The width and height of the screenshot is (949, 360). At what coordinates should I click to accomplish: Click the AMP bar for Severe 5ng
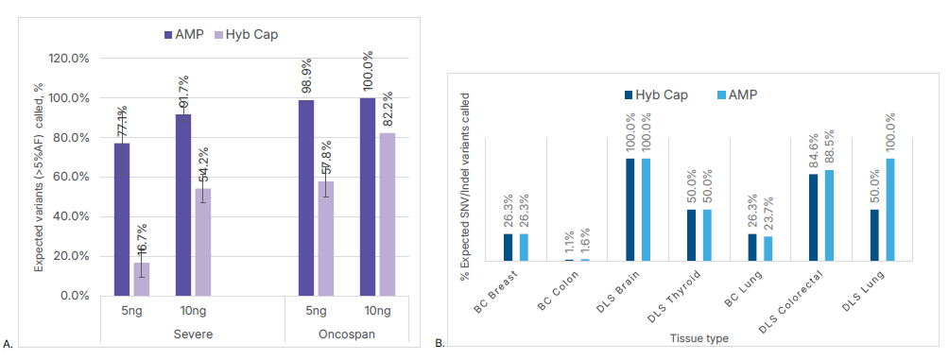pyautogui.click(x=122, y=219)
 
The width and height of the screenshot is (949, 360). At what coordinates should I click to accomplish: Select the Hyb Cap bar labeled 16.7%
pyautogui.click(x=142, y=279)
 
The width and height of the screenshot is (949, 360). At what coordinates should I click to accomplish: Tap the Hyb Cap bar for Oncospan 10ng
pyautogui.click(x=387, y=214)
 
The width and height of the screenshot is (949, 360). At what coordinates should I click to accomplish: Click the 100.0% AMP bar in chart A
pyautogui.click(x=367, y=197)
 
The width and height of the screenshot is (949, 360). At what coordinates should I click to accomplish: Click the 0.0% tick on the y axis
pyautogui.click(x=76, y=296)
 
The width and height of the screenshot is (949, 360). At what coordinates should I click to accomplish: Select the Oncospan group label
pyautogui.click(x=346, y=334)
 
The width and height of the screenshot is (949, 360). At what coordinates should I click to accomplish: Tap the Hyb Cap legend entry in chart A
pyautogui.click(x=246, y=34)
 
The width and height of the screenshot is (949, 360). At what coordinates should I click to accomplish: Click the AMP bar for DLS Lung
pyautogui.click(x=890, y=210)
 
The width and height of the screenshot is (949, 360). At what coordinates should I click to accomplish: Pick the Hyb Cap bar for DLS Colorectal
pyautogui.click(x=814, y=218)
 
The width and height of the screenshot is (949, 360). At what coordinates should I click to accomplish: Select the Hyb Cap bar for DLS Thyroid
pyautogui.click(x=691, y=235)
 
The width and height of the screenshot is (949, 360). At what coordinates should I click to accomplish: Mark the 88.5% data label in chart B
pyautogui.click(x=830, y=146)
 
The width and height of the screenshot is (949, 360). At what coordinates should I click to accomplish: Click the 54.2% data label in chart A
pyautogui.click(x=203, y=165)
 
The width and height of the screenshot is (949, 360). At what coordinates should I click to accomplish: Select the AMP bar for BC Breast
pyautogui.click(x=524, y=248)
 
